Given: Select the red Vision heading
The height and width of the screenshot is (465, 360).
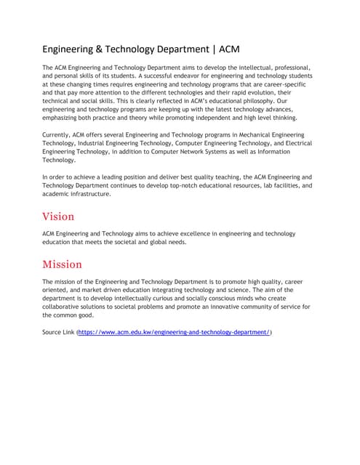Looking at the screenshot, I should coord(58,216).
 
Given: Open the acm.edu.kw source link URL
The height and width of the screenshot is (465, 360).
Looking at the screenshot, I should coord(174,332).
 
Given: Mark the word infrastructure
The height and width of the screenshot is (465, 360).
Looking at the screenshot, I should coord(88,194).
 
